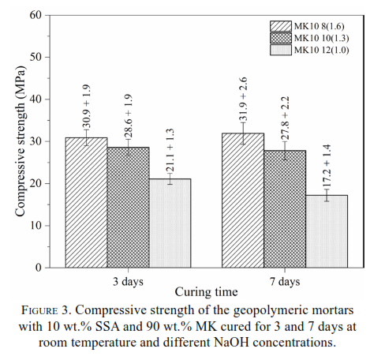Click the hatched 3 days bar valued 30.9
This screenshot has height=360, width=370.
(86, 203)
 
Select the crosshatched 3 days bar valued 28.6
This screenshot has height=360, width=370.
(128, 208)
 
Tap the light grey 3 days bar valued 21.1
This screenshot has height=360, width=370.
(170, 223)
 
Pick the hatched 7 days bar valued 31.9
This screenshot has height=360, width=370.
(243, 201)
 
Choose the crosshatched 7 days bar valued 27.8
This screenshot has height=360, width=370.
(285, 209)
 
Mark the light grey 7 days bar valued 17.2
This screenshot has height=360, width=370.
(327, 231)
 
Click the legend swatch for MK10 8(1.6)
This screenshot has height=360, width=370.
(281, 26)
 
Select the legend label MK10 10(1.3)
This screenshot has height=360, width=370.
(321, 38)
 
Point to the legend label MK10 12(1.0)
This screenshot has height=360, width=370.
(321, 50)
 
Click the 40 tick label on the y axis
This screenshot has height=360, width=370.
(36, 99)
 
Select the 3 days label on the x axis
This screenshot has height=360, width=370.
(128, 282)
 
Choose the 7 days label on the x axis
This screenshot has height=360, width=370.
(285, 282)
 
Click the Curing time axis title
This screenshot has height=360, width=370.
(206, 292)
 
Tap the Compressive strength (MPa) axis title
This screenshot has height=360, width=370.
(20, 141)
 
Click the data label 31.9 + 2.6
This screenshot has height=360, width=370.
(243, 99)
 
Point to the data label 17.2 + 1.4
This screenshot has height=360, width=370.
(327, 166)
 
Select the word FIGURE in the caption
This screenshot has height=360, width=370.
(39, 310)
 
